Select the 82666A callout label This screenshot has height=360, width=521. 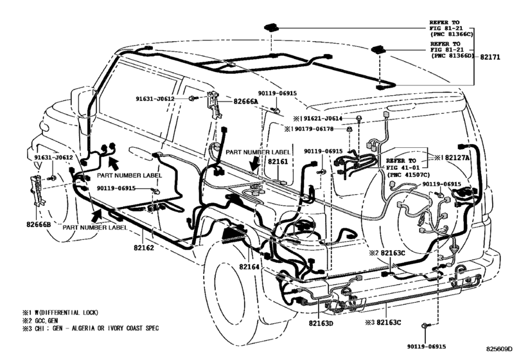245,101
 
